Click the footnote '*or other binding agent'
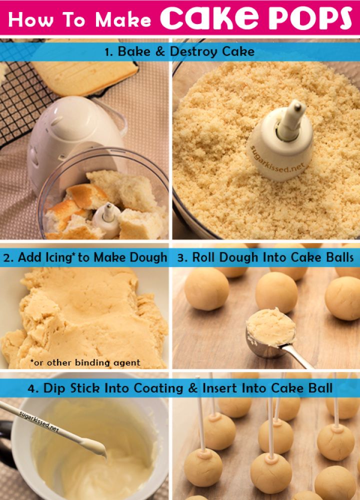pos(85,362)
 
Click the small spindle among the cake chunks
pos(107,219)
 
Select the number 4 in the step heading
pos(31,388)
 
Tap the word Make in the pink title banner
pos(123,19)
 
